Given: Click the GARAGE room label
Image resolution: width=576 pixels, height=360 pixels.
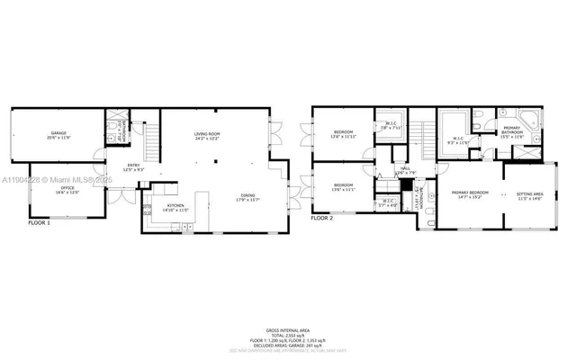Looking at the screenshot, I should (58, 133).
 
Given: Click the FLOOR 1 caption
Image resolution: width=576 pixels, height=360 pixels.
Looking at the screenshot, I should (39, 221).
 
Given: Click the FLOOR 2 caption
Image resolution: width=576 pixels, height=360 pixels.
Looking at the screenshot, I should (321, 218).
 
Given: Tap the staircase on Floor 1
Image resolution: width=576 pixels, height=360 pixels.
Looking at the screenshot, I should (151, 139).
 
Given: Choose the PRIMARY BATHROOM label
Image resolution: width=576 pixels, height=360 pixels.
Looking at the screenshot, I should (511, 130).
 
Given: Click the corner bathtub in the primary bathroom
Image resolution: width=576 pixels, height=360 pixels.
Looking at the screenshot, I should (530, 120).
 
